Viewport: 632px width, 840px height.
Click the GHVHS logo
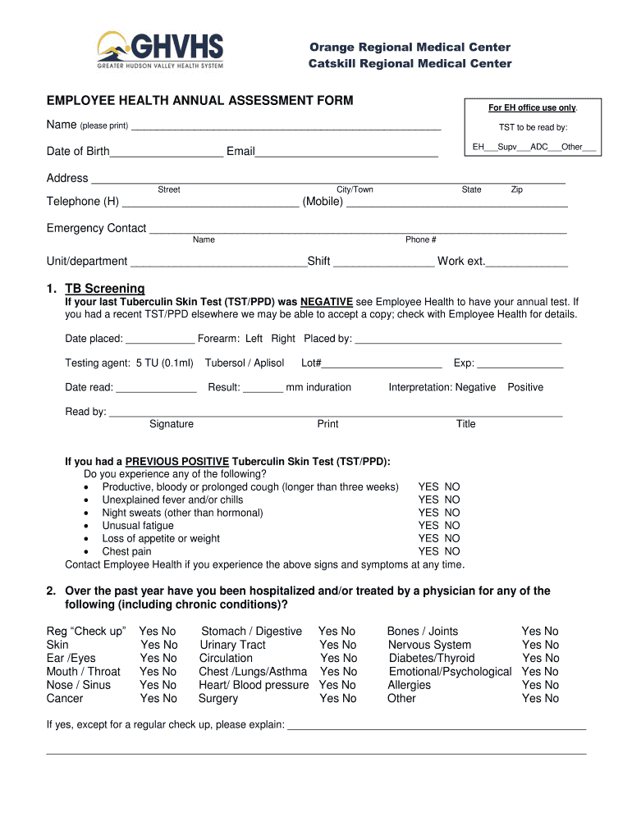tap(160, 50)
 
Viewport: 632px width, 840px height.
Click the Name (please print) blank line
tap(286, 127)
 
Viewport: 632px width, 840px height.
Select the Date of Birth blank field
tap(167, 153)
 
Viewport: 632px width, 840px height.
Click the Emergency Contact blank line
tap(357, 230)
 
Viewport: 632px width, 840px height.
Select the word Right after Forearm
tap(283, 339)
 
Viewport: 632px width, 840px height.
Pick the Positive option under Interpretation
tap(525, 387)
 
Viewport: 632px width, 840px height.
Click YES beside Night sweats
tap(428, 513)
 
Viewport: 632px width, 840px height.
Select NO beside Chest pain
tap(452, 551)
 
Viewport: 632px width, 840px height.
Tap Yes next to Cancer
tap(149, 699)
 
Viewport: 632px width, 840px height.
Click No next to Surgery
tap(349, 699)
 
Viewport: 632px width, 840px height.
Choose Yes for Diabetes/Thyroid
tap(531, 659)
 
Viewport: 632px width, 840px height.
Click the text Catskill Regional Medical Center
tap(410, 64)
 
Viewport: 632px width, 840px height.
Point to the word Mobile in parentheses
tap(323, 202)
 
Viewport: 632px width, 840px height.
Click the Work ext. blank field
tap(527, 262)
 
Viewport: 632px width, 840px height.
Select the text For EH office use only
tap(533, 108)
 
